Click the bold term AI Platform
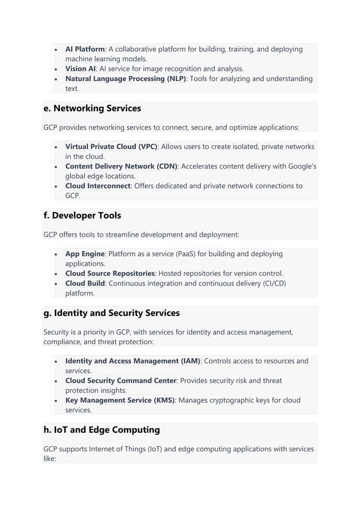[x=85, y=49]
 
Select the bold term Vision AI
[x=80, y=69]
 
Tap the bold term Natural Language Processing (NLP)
[x=125, y=78]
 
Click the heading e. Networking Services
[x=92, y=108]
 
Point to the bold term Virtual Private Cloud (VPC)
[x=111, y=147]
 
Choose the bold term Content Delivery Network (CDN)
[x=121, y=166]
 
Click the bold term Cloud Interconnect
[x=98, y=186]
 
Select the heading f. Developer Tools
[x=82, y=216]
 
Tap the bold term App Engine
[x=85, y=254]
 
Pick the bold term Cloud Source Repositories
[x=110, y=274]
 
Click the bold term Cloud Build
[x=85, y=283]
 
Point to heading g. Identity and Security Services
[x=111, y=313]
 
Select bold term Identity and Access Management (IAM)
[x=133, y=361]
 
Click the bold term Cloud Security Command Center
[x=121, y=381]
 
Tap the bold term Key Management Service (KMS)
[x=120, y=400]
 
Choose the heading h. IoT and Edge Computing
[x=102, y=430]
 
